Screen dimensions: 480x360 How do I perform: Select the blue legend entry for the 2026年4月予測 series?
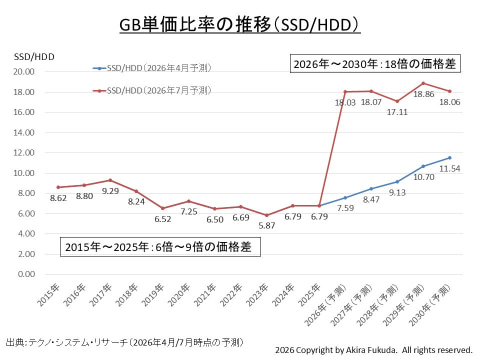152,68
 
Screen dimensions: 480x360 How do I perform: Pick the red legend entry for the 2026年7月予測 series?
152,90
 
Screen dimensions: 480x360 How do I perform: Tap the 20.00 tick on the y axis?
24,72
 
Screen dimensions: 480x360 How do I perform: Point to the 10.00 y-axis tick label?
24,173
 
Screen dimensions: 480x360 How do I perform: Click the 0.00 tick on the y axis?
26,274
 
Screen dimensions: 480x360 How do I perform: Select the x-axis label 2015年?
48,295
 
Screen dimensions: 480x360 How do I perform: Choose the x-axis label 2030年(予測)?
430,305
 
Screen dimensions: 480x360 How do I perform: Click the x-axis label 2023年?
257,295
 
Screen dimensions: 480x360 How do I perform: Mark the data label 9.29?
110,191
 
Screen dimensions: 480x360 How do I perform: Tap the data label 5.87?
267,226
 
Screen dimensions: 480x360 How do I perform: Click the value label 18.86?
424,94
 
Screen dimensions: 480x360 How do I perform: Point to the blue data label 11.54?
450,169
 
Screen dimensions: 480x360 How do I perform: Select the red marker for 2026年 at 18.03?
345,92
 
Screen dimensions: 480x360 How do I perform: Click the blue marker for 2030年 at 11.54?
450,158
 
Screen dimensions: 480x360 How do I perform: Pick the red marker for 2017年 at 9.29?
110,180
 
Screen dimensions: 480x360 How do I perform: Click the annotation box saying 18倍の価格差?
375,63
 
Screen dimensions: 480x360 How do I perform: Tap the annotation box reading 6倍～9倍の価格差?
160,247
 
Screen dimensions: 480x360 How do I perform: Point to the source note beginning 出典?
125,342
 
